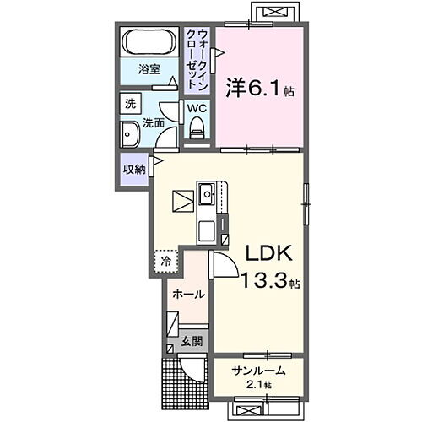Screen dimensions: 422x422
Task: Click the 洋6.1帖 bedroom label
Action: coord(258,87)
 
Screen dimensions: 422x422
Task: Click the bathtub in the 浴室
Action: coord(149,41)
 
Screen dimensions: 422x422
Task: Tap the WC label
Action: coord(196,110)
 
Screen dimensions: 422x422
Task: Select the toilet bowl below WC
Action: coord(197,127)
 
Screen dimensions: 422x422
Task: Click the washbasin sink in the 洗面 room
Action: coord(132,134)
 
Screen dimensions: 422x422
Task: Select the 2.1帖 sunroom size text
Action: coord(254,385)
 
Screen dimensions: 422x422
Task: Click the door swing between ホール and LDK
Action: coord(221,267)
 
